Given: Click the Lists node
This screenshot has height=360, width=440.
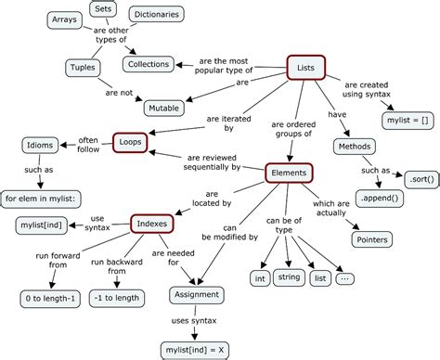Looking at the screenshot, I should pyautogui.click(x=305, y=68).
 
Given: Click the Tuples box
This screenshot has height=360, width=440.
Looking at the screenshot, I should pyautogui.click(x=81, y=66).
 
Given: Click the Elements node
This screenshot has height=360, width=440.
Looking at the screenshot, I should pyautogui.click(x=289, y=173).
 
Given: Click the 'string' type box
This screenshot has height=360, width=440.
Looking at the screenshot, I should pyautogui.click(x=290, y=277).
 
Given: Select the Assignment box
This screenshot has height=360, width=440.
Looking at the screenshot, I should pyautogui.click(x=196, y=295).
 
